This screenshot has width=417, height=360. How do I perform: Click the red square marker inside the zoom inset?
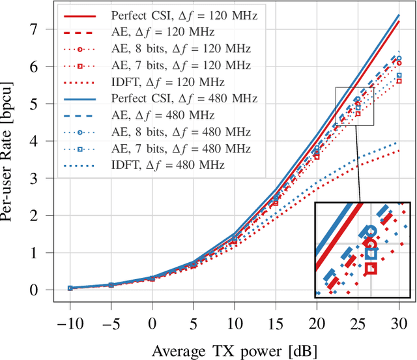(x=371, y=268)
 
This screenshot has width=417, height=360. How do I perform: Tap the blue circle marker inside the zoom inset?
(x=371, y=231)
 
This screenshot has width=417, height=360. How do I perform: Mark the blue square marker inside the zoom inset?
(x=371, y=254)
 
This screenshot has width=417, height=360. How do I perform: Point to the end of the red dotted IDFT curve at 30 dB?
(x=399, y=151)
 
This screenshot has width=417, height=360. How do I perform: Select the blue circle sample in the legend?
(x=79, y=132)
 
